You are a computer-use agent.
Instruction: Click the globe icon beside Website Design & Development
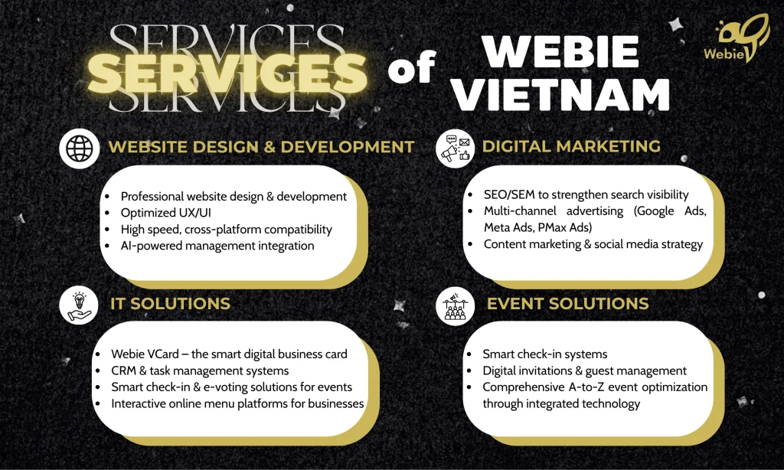80,149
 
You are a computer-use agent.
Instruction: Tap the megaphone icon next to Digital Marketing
456,149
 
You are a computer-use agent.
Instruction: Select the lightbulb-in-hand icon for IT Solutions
79,305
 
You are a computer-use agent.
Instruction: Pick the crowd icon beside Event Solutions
456,305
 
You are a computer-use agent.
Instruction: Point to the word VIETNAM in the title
562,94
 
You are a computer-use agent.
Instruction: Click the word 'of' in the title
411,67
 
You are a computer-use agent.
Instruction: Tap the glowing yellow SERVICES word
227,73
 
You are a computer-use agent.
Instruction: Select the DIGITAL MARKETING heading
571,146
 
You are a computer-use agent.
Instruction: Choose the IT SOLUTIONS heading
171,303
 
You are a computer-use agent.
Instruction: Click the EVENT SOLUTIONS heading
567,303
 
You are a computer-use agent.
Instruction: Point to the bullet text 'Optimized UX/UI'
166,213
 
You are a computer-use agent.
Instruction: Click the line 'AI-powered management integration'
217,246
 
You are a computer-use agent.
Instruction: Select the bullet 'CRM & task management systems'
200,370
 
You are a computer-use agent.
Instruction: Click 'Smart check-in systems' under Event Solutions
545,354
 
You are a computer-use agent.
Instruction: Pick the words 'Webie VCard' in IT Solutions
145,354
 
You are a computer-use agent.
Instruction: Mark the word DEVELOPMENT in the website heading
348,147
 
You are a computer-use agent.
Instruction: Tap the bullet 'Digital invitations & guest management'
584,370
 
